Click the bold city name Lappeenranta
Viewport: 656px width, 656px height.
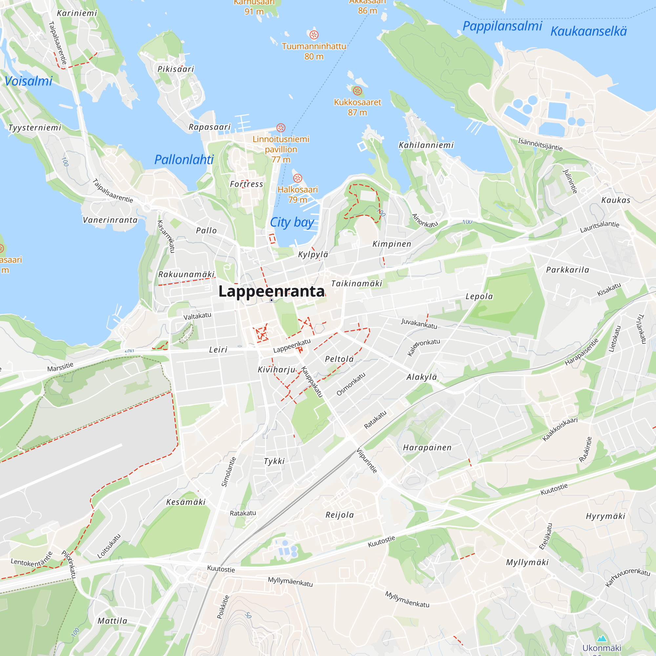[271, 291]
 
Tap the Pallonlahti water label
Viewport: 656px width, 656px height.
[184, 160]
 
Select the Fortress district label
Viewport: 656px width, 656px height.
[247, 184]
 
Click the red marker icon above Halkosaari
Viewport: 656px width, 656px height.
[297, 178]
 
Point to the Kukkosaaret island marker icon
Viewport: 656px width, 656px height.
[357, 91]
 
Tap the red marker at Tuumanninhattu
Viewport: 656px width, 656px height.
[314, 35]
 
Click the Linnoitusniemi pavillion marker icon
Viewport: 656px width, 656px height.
[280, 128]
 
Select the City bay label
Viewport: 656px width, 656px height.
[292, 222]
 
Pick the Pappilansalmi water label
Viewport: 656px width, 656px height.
[502, 26]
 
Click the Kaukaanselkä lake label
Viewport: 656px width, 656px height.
[588, 31]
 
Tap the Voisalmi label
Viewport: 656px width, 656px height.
[29, 81]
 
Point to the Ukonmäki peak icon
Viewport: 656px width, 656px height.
[602, 638]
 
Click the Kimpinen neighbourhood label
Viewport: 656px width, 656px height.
[392, 244]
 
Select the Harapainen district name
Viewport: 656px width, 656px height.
[427, 447]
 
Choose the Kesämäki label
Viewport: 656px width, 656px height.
[186, 502]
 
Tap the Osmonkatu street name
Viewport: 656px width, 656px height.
[351, 384]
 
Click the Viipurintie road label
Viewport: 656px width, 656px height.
[367, 461]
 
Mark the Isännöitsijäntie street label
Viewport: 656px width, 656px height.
[540, 144]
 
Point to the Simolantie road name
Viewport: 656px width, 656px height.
[229, 472]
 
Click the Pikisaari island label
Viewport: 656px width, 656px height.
[175, 69]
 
